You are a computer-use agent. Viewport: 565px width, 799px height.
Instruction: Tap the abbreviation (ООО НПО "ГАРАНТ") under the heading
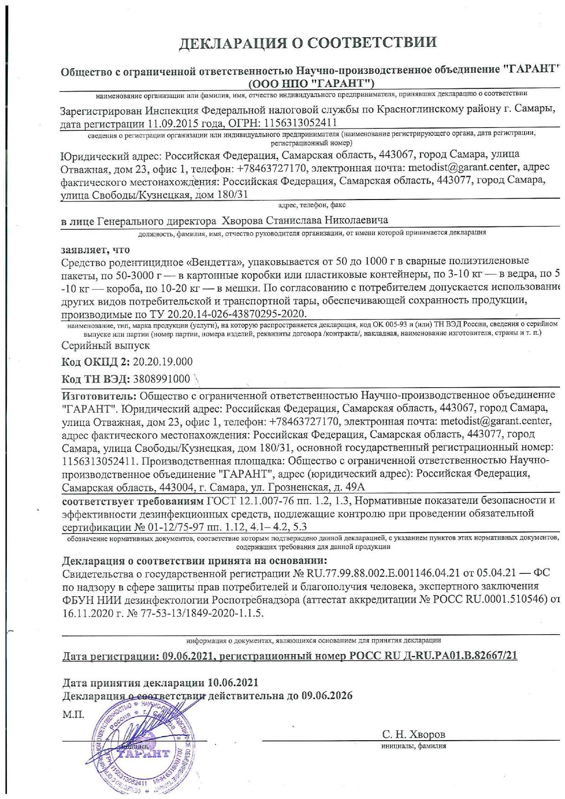point(311,83)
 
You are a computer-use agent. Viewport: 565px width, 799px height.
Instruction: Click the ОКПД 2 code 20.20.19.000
point(163,362)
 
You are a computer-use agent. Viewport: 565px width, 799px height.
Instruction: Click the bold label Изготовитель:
point(99,394)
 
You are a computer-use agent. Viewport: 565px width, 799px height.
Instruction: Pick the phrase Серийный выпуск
point(106,346)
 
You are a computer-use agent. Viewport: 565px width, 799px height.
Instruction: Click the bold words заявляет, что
point(96,250)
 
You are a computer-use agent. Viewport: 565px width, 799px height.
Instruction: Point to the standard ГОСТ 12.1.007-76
point(256,501)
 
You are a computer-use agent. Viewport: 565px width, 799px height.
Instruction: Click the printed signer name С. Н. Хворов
point(414,734)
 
